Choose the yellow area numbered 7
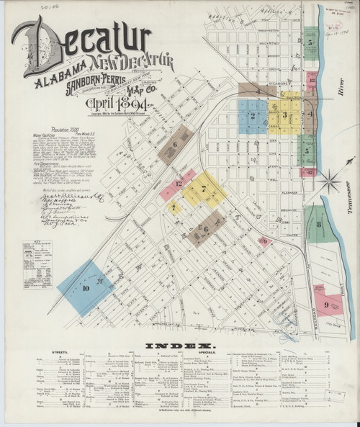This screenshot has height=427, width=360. [204, 190]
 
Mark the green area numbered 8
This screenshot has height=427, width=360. [318, 225]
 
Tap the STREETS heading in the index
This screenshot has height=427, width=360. [42, 354]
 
